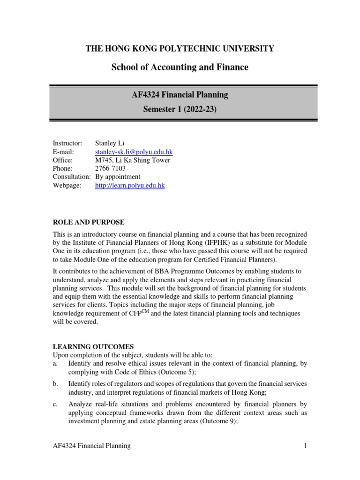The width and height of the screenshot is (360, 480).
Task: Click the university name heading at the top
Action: point(180,48)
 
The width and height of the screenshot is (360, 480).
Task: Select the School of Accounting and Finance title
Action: point(180,67)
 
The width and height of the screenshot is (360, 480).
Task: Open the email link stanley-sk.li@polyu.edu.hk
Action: point(134,152)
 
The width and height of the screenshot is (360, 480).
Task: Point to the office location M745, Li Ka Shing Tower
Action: point(133,160)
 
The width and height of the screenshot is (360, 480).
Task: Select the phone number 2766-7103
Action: point(111,168)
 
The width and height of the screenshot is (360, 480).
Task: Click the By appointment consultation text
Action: point(118,177)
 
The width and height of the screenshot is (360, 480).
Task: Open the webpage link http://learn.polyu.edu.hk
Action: point(130,185)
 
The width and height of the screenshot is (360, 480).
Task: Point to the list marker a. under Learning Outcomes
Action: point(55,364)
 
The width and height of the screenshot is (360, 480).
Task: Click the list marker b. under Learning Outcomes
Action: point(55,384)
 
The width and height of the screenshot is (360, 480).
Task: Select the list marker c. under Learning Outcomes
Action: point(55,404)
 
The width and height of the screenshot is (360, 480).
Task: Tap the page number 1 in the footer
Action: point(305,446)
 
